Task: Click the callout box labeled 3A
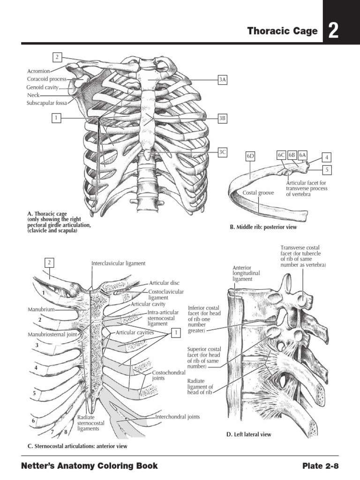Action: [x=222, y=80]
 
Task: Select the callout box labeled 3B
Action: [x=222, y=119]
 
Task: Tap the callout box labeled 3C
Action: [x=222, y=152]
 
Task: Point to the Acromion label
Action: [x=38, y=71]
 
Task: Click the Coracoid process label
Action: [x=46, y=79]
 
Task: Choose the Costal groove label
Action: [x=258, y=193]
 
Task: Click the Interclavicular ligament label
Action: [x=118, y=263]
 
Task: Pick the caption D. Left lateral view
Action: [x=248, y=435]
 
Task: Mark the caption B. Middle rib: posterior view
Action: [x=263, y=227]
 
